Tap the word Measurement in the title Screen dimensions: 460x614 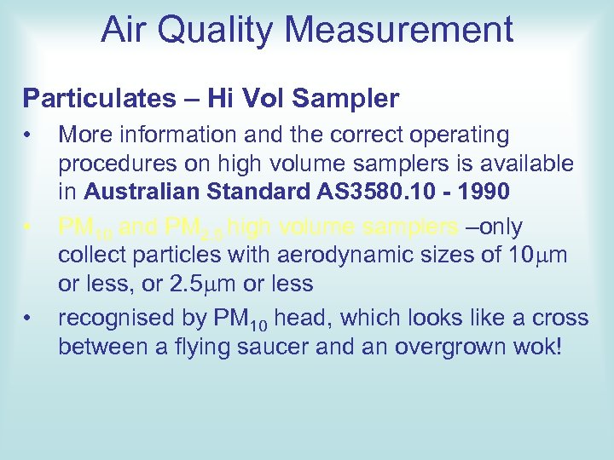coord(399,31)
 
